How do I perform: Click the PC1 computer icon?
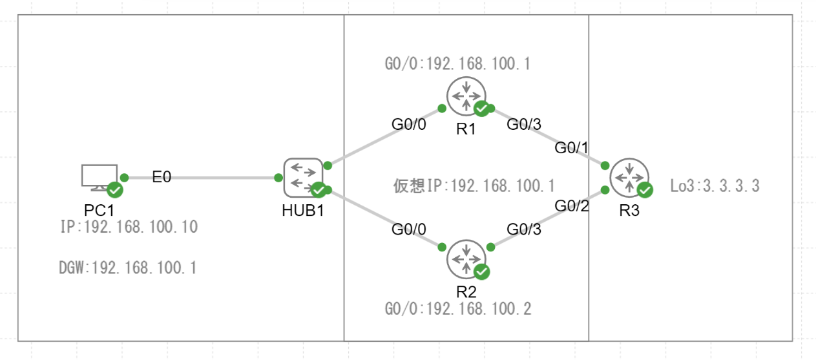pyautogui.click(x=99, y=177)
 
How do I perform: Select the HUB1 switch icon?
pyautogui.click(x=303, y=177)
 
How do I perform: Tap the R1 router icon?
pyautogui.click(x=466, y=96)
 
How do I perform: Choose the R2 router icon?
pyautogui.click(x=466, y=259)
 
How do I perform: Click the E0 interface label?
pyautogui.click(x=162, y=177)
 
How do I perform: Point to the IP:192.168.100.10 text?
pyautogui.click(x=128, y=227)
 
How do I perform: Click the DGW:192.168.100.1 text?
pyautogui.click(x=128, y=268)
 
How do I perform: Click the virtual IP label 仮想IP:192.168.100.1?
pyautogui.click(x=474, y=186)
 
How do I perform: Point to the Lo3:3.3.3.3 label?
pyautogui.click(x=715, y=187)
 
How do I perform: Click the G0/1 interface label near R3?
pyautogui.click(x=572, y=148)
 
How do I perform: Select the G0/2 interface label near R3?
pyautogui.click(x=572, y=206)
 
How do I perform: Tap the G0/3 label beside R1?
pyautogui.click(x=524, y=124)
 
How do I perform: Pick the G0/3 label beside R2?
pyautogui.click(x=524, y=229)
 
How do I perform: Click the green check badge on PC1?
pyautogui.click(x=115, y=189)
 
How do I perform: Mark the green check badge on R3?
pyautogui.click(x=645, y=189)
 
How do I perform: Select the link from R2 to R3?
pyautogui.click(x=547, y=218)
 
